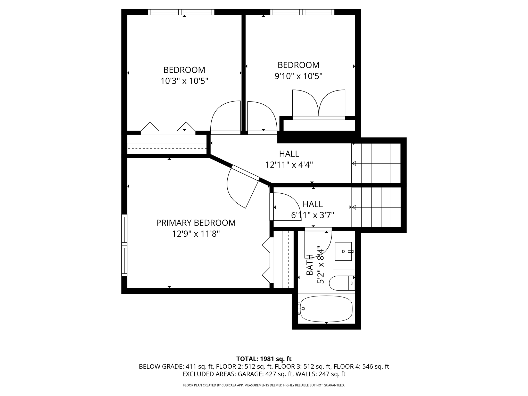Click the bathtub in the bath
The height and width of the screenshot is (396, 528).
(326, 309)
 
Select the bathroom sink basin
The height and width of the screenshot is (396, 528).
(343, 251)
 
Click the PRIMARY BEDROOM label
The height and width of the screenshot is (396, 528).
(196, 223)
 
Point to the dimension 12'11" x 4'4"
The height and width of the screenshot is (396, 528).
(289, 165)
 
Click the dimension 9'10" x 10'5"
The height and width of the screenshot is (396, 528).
(298, 76)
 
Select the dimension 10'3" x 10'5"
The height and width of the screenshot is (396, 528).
(184, 81)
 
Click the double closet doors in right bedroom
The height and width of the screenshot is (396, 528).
(319, 104)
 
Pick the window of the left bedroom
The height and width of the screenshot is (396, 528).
(181, 12)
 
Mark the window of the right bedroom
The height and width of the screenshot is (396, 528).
(302, 12)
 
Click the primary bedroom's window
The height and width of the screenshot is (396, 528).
(124, 245)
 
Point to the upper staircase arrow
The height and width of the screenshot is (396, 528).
(354, 163)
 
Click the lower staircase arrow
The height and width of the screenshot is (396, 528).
(354, 207)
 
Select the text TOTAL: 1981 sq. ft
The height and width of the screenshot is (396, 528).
(264, 359)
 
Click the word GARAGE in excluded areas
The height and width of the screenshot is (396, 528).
(250, 374)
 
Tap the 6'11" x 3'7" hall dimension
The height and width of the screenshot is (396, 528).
(312, 215)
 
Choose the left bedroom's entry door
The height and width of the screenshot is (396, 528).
(226, 117)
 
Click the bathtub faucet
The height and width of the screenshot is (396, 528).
(302, 309)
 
